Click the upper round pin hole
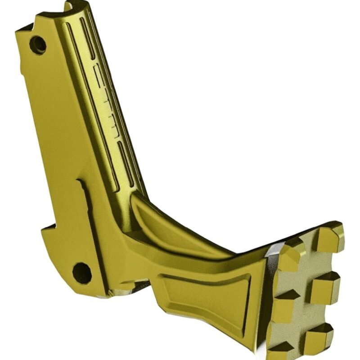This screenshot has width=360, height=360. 38,45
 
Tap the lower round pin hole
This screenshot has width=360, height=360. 82,272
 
